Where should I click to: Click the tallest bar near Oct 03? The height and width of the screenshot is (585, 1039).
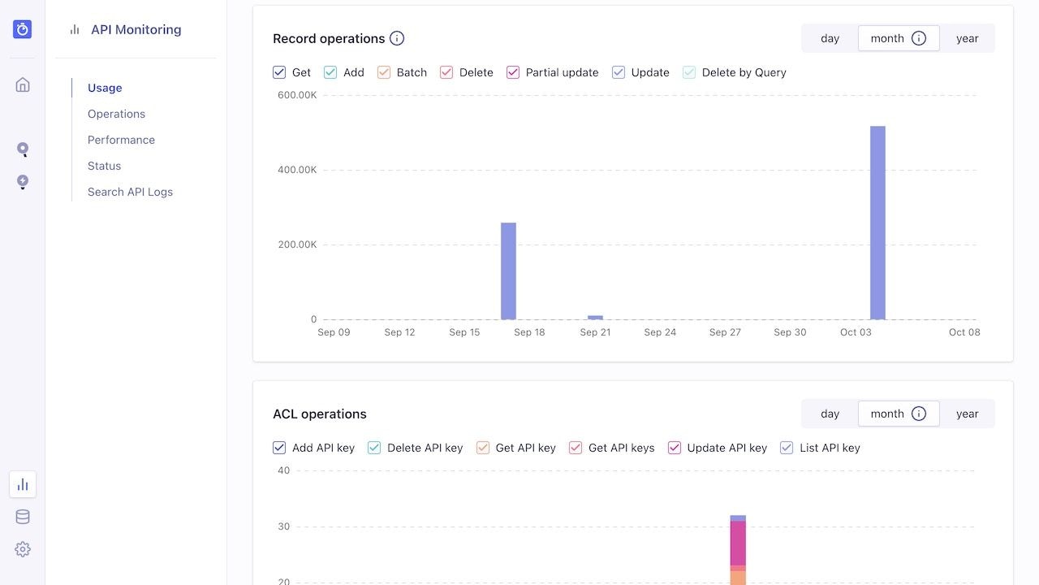pos(877,223)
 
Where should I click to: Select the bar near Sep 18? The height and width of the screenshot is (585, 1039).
pos(508,271)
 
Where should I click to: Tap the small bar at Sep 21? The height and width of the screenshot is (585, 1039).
pos(595,317)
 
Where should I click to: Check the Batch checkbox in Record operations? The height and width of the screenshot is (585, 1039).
pos(384,72)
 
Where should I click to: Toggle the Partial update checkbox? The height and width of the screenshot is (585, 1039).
pos(513,72)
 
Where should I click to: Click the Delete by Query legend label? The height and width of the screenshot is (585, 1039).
pos(744,72)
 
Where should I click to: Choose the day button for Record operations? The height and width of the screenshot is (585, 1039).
pos(830,38)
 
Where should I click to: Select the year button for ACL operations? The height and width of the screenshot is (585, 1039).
pos(967,414)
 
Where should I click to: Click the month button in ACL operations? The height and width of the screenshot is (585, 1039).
pos(887,414)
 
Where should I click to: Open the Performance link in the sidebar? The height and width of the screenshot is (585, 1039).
pos(121,140)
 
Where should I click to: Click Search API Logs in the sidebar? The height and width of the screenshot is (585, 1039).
pos(130,192)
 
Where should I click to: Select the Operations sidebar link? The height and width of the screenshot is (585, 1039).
pos(116,114)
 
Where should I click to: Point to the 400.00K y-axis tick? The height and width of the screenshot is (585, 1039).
pos(297,170)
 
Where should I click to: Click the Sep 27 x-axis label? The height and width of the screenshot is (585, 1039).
pos(725,332)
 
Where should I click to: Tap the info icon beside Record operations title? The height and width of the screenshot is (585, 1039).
pos(397,38)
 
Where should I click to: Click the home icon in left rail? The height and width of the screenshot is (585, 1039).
pos(23,84)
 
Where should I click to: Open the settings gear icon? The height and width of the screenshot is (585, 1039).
pos(23,549)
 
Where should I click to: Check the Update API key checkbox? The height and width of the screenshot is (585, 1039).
pos(674,448)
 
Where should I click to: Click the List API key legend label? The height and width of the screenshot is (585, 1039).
pos(830,448)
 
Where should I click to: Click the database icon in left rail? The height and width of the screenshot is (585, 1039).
pos(23,517)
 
